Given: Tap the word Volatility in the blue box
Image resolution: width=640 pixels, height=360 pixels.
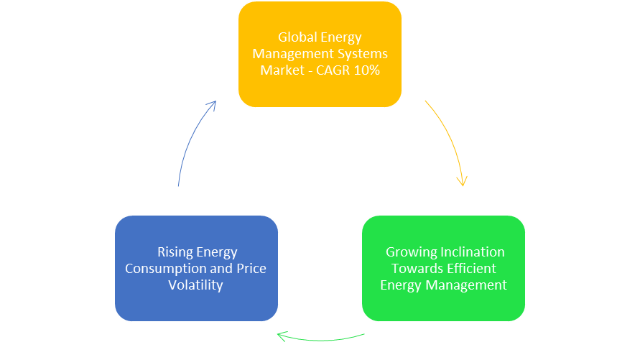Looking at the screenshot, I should tap(195, 285).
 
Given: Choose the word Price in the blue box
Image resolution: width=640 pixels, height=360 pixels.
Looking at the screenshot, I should tap(251, 269).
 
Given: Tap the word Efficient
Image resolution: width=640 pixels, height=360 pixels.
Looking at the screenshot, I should tap(470, 269).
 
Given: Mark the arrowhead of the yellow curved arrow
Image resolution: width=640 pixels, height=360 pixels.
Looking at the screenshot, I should tap(463, 181).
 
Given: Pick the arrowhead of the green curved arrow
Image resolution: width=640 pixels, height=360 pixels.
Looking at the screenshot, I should tap(282, 336).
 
